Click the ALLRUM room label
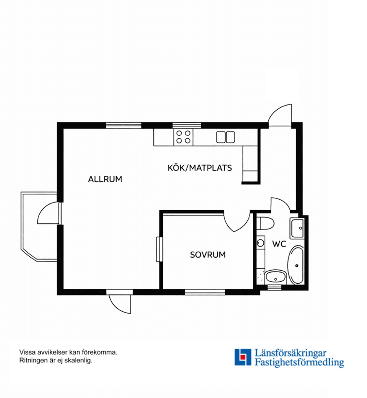pos(105,179)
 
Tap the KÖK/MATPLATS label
pos(200,168)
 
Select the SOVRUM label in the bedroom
pos(208,255)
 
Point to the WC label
pos(279,244)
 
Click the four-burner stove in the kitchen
pos(183,137)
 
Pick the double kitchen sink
pos(226,137)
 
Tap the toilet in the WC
pos(265,223)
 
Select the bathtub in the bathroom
pos(296,265)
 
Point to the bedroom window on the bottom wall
pos(205,292)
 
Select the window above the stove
pos(187,125)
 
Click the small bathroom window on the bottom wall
pos(274,288)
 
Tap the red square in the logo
pos(243,357)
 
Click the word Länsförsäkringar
pos(291,353)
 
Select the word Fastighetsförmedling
pos(299,362)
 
